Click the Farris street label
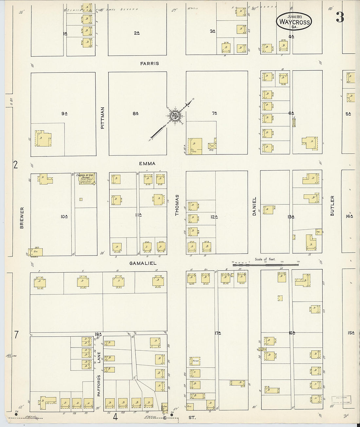click(x=150, y=63)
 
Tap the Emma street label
click(x=147, y=164)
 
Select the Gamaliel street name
click(x=143, y=263)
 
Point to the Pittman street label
click(x=102, y=118)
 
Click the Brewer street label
click(x=22, y=218)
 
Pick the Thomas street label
click(x=177, y=205)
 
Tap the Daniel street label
click(x=254, y=206)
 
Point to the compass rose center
click(x=175, y=115)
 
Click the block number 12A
click(x=214, y=217)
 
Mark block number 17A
click(x=216, y=333)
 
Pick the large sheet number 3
click(x=340, y=18)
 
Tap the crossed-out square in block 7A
click(x=212, y=145)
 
